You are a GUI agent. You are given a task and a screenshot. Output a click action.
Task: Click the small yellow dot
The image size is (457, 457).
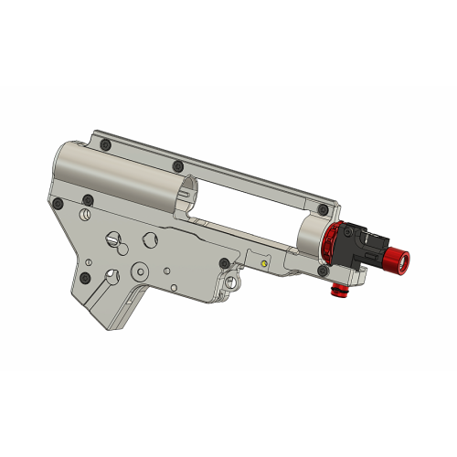[265, 263]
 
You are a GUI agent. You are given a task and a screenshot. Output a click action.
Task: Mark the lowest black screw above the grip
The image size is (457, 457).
[85, 276]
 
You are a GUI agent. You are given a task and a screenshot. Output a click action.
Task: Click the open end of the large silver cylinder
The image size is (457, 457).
[186, 194]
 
